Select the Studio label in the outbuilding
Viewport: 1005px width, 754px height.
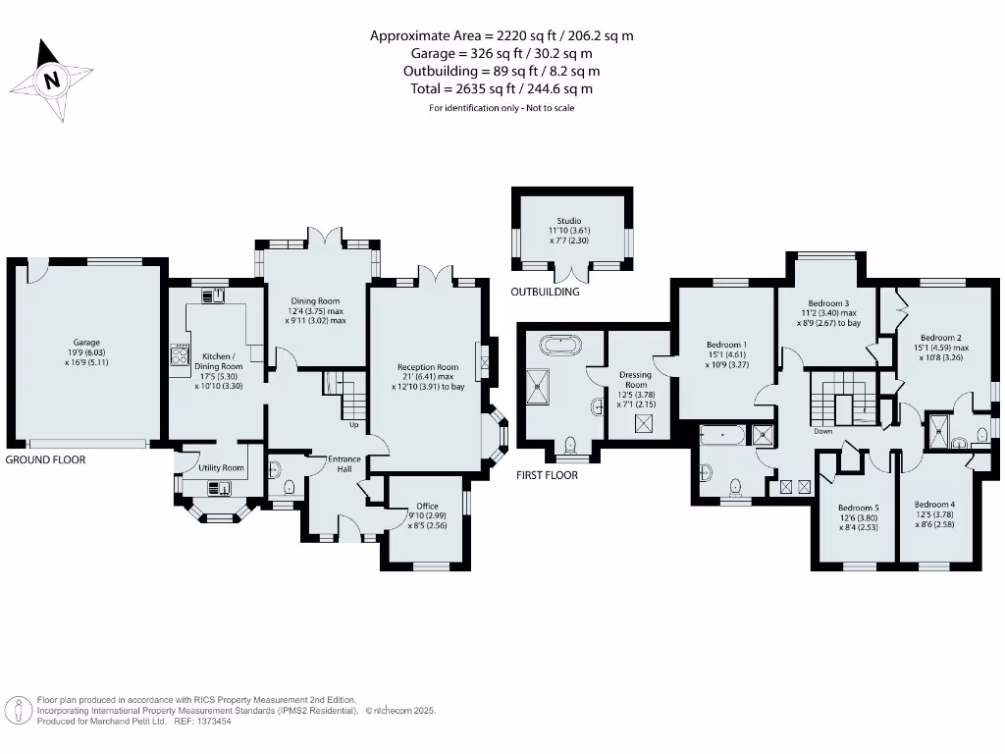[x=568, y=222]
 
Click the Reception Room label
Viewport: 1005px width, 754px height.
[x=428, y=367]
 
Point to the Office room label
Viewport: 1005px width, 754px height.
[x=427, y=507]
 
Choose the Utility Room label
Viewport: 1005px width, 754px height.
[x=220, y=468]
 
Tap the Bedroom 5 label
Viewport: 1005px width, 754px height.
[x=857, y=509]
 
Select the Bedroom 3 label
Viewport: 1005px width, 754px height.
[x=827, y=304]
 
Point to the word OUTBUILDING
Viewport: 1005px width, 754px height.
[x=545, y=292]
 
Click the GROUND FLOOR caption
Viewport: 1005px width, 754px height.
[x=45, y=459]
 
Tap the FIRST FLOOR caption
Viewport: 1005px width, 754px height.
[x=548, y=475]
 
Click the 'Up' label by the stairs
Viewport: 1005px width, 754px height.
[x=354, y=425]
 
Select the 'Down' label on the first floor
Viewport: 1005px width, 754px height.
[x=822, y=431]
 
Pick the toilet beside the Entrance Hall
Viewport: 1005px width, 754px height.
[x=289, y=487]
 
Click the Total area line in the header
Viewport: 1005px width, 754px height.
[x=502, y=88]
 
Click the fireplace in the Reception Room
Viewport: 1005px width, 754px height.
[x=482, y=361]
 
